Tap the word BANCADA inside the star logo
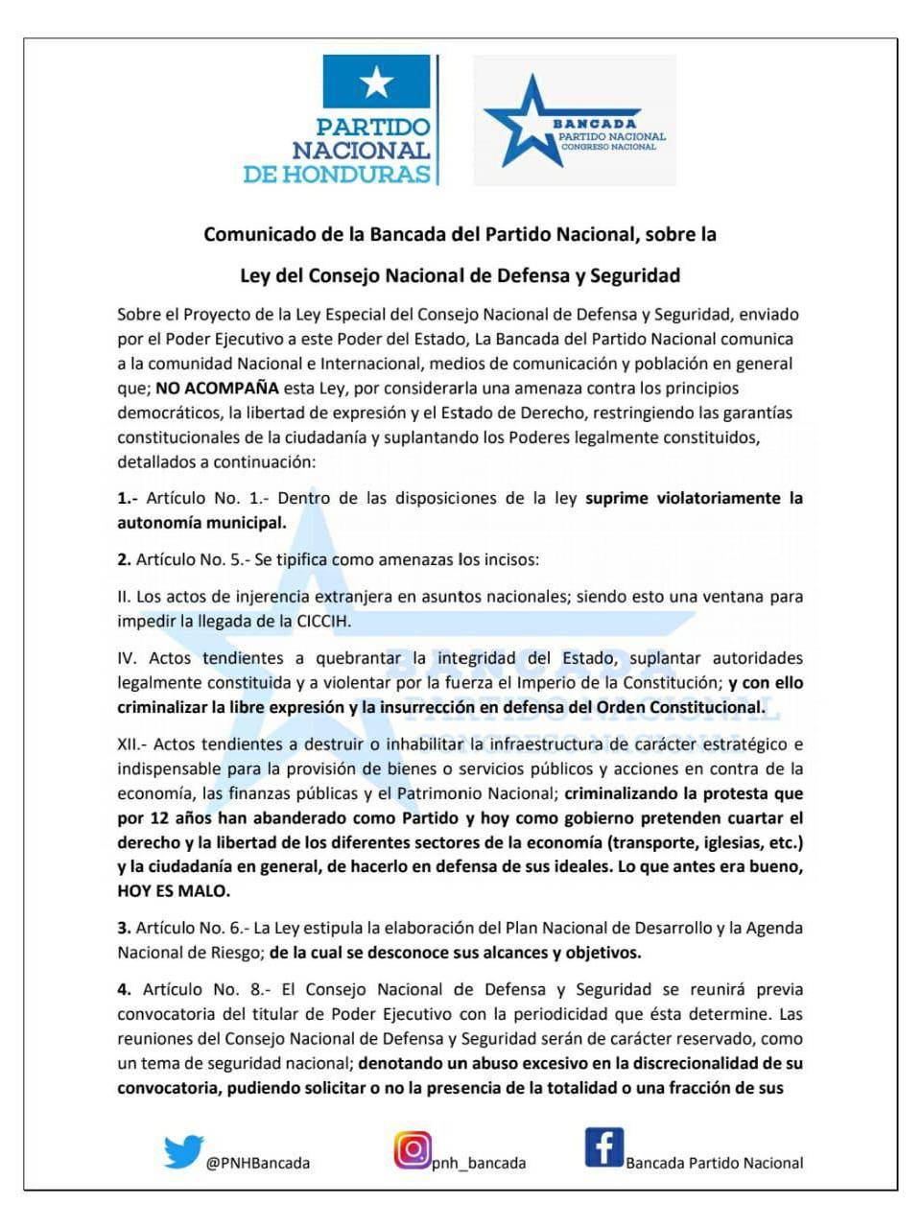[594, 124]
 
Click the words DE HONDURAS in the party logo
[337, 174]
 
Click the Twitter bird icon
[182, 1151]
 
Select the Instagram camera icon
[412, 1149]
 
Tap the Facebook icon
[603, 1147]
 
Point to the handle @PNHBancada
[257, 1163]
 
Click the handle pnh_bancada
[479, 1163]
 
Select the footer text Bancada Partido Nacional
[715, 1163]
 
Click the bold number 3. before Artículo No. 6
[124, 928]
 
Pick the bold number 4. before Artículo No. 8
[125, 989]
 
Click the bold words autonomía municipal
[201, 523]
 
